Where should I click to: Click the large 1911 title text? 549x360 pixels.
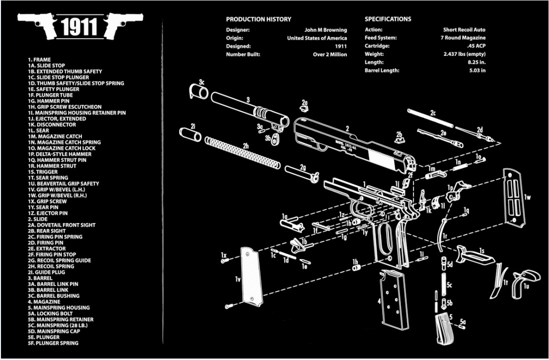pyautogui.click(x=80, y=27)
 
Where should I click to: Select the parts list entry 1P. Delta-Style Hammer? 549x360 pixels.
pyautogui.click(x=59, y=154)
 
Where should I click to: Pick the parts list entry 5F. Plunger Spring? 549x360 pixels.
pyautogui.click(x=53, y=343)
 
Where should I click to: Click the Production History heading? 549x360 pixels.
pyautogui.click(x=258, y=19)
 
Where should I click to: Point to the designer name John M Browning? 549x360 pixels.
pyautogui.click(x=325, y=30)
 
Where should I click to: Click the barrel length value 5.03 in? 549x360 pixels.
pyautogui.click(x=477, y=71)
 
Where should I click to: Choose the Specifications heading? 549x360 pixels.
pyautogui.click(x=388, y=19)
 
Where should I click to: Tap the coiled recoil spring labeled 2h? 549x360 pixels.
pyautogui.click(x=242, y=153)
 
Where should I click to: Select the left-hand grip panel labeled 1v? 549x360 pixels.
pyautogui.click(x=252, y=277)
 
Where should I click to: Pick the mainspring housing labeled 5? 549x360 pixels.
pyautogui.click(x=444, y=328)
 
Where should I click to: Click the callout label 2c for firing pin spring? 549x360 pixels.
pyautogui.click(x=433, y=113)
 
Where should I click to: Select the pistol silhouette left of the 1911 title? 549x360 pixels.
pyautogui.click(x=38, y=24)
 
